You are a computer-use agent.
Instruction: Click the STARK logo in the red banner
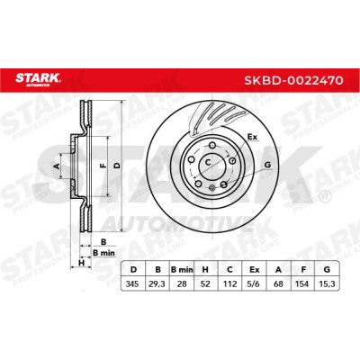(38, 79)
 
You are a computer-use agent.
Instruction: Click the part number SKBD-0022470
(293, 80)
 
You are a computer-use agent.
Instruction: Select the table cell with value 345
(132, 283)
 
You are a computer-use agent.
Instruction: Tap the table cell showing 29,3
(157, 283)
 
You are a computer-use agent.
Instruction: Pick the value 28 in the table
(182, 283)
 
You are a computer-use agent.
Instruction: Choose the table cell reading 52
(205, 283)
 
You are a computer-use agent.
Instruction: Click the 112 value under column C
(229, 283)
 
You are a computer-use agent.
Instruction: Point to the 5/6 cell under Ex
(254, 283)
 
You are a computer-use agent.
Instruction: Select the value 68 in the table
(279, 283)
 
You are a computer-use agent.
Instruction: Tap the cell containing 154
(302, 283)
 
